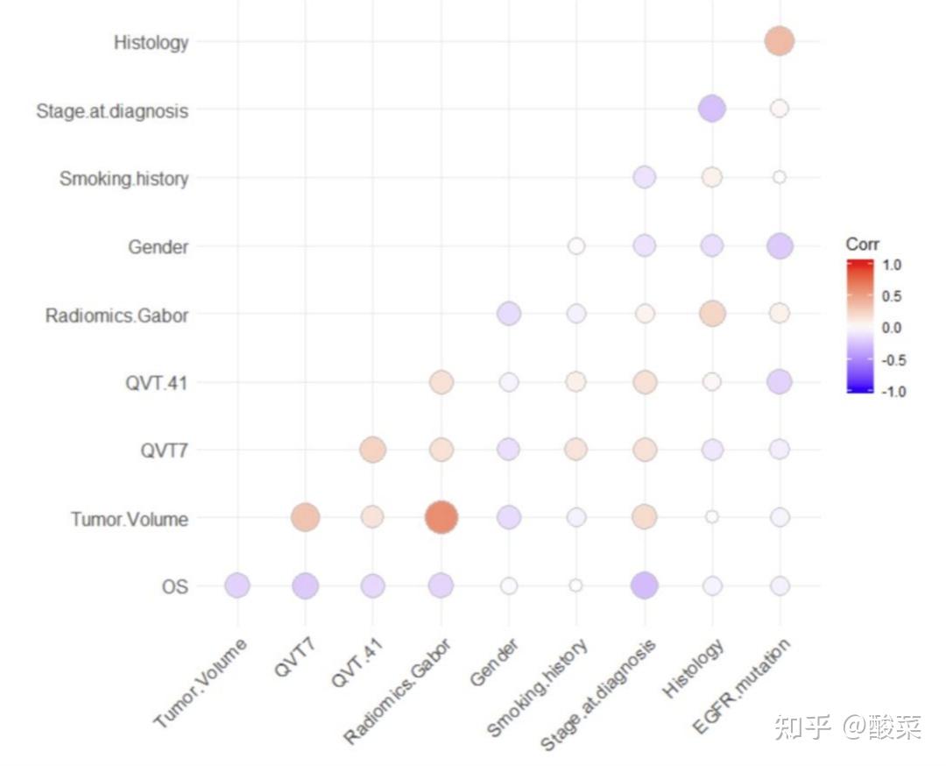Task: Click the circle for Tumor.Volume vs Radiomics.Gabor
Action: point(441,517)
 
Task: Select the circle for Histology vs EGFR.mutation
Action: point(779,40)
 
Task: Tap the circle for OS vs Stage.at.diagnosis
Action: point(644,585)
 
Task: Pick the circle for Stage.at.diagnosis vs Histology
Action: point(711,110)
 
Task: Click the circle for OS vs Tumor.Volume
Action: point(237,585)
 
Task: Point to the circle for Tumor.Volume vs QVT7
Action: point(305,517)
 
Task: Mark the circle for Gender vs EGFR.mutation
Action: point(779,246)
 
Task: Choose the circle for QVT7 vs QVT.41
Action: point(373,450)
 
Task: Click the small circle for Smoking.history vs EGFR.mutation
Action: point(779,178)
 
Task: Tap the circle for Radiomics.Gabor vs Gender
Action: point(508,313)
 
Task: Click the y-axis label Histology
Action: point(151,42)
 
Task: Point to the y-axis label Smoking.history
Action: point(124,179)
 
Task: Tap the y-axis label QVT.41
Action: point(157,383)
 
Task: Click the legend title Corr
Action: point(862,245)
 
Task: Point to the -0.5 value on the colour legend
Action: point(890,360)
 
